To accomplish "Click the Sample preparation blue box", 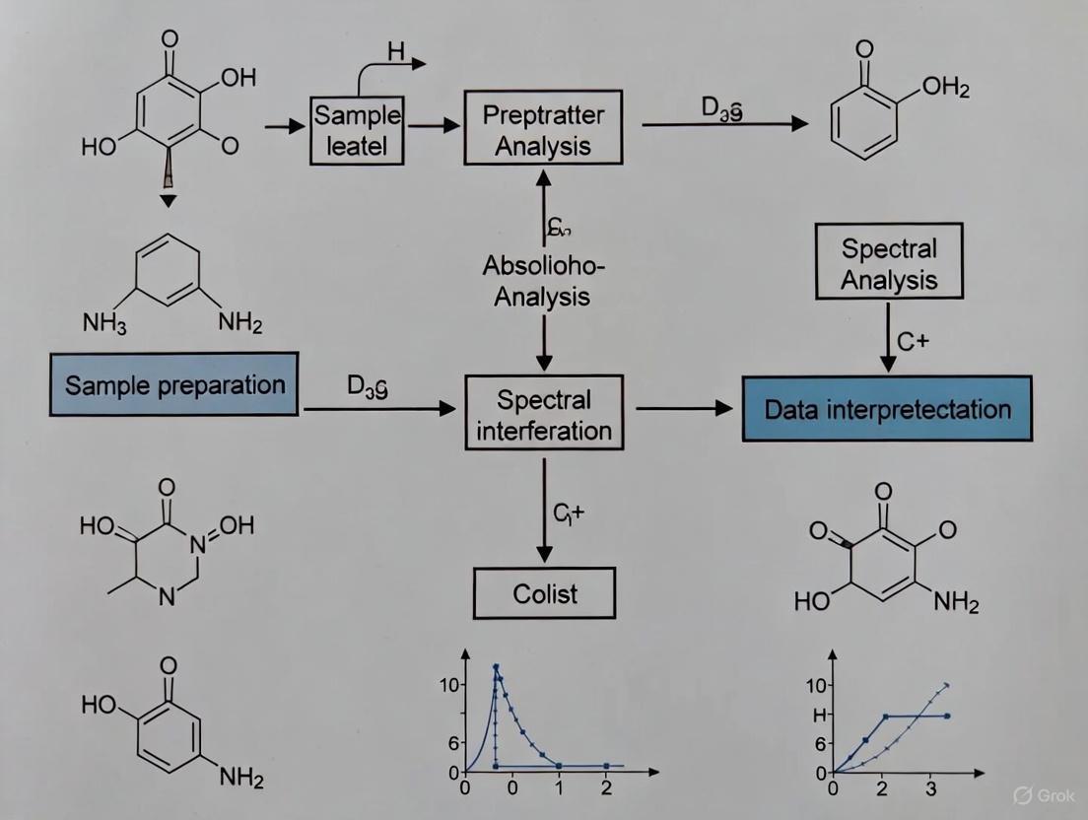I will click(174, 384).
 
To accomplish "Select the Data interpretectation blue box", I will click(887, 408).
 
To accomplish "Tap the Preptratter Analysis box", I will click(543, 130).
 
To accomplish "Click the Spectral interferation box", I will click(543, 415).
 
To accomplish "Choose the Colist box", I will click(544, 594).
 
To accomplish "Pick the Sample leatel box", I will click(358, 131).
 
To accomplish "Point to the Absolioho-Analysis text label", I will click(543, 281).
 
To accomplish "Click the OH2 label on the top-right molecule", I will click(946, 91).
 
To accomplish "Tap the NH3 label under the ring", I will click(103, 324).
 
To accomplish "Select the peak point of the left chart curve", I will click(497, 667).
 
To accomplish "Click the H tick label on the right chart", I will click(817, 717).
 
